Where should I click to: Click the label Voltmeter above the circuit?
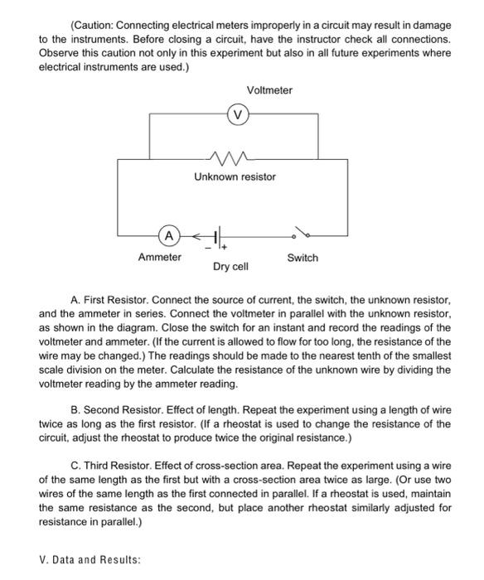269,90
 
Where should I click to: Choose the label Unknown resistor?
235,176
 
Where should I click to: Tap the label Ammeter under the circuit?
159,258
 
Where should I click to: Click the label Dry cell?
230,267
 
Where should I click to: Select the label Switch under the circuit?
302,258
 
